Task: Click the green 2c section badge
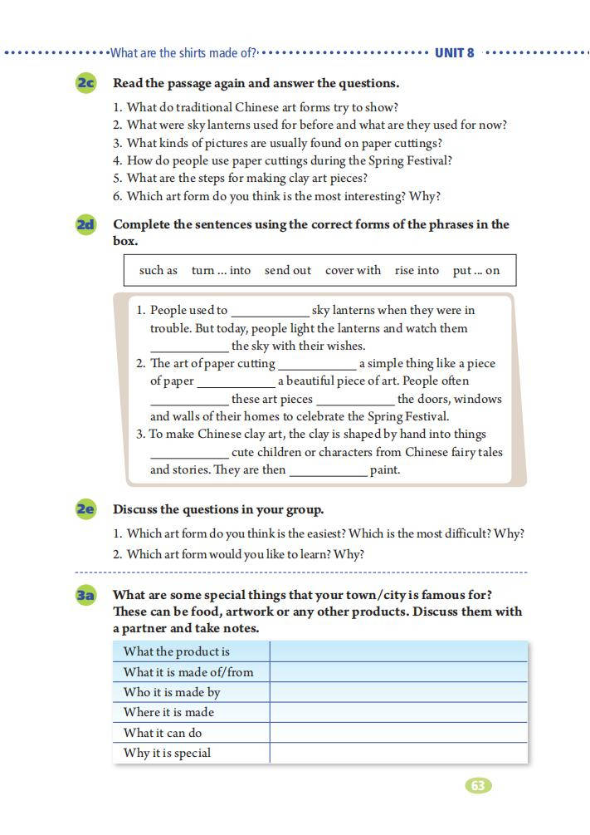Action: coord(85,83)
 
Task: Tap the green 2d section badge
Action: coord(85,224)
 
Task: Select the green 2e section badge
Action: coord(85,509)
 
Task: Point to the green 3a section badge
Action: coord(85,595)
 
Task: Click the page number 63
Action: coord(478,785)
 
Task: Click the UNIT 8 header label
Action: coord(455,53)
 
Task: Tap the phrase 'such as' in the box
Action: coord(158,270)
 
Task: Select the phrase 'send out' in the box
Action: coord(288,270)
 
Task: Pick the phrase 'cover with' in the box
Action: coord(353,270)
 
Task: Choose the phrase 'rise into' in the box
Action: coord(417,270)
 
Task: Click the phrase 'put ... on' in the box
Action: coord(476,270)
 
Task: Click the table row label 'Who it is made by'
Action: coord(172,692)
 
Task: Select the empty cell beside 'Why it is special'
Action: coord(398,753)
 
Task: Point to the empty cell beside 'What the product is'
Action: coord(398,651)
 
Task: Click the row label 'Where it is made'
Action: coord(168,712)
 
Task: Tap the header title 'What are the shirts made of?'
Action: coord(183,53)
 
